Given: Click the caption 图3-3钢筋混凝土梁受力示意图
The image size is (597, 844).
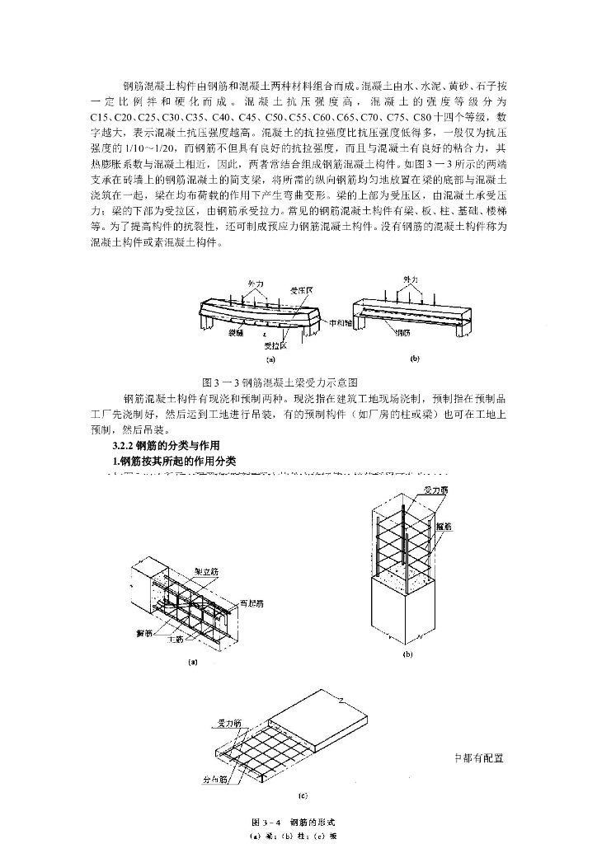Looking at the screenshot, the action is click(x=280, y=382).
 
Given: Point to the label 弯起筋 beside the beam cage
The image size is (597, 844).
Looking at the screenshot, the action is click(x=251, y=605).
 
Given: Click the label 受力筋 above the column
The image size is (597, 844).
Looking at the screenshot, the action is click(x=435, y=490).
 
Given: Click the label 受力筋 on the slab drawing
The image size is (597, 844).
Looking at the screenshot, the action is click(x=229, y=722).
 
